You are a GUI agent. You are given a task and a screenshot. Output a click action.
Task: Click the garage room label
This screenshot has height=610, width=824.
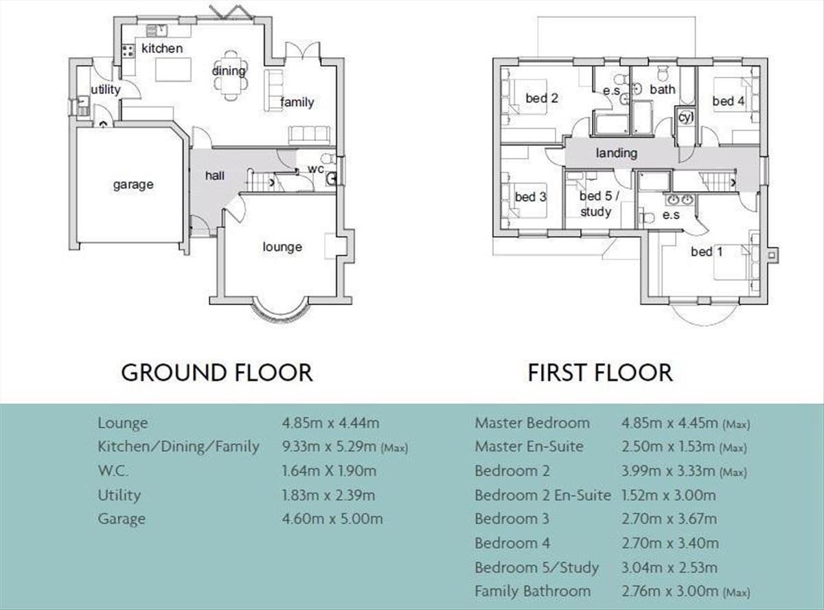(133, 185)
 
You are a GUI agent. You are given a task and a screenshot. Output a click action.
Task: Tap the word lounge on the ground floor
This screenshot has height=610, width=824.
(282, 247)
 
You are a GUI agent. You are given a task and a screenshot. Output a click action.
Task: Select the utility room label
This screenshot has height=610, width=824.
(106, 90)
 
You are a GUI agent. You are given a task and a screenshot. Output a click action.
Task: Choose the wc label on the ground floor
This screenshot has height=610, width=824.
(315, 169)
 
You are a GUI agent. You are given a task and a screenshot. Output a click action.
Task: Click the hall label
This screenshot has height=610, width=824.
(215, 176)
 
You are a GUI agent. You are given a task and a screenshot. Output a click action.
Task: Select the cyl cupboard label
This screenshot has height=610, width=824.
(685, 117)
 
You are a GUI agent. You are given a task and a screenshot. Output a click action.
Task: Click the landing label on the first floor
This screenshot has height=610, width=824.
(616, 153)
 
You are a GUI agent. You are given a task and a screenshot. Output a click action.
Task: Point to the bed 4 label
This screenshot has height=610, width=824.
(729, 102)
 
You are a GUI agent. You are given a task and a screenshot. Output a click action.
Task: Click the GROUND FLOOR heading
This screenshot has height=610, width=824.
(217, 372)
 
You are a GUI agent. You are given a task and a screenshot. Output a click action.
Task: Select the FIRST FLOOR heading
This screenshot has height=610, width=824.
(600, 372)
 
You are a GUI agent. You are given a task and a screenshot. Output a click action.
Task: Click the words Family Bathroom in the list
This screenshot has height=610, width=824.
(532, 591)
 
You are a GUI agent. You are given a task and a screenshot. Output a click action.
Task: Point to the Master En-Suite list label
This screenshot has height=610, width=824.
(529, 447)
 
